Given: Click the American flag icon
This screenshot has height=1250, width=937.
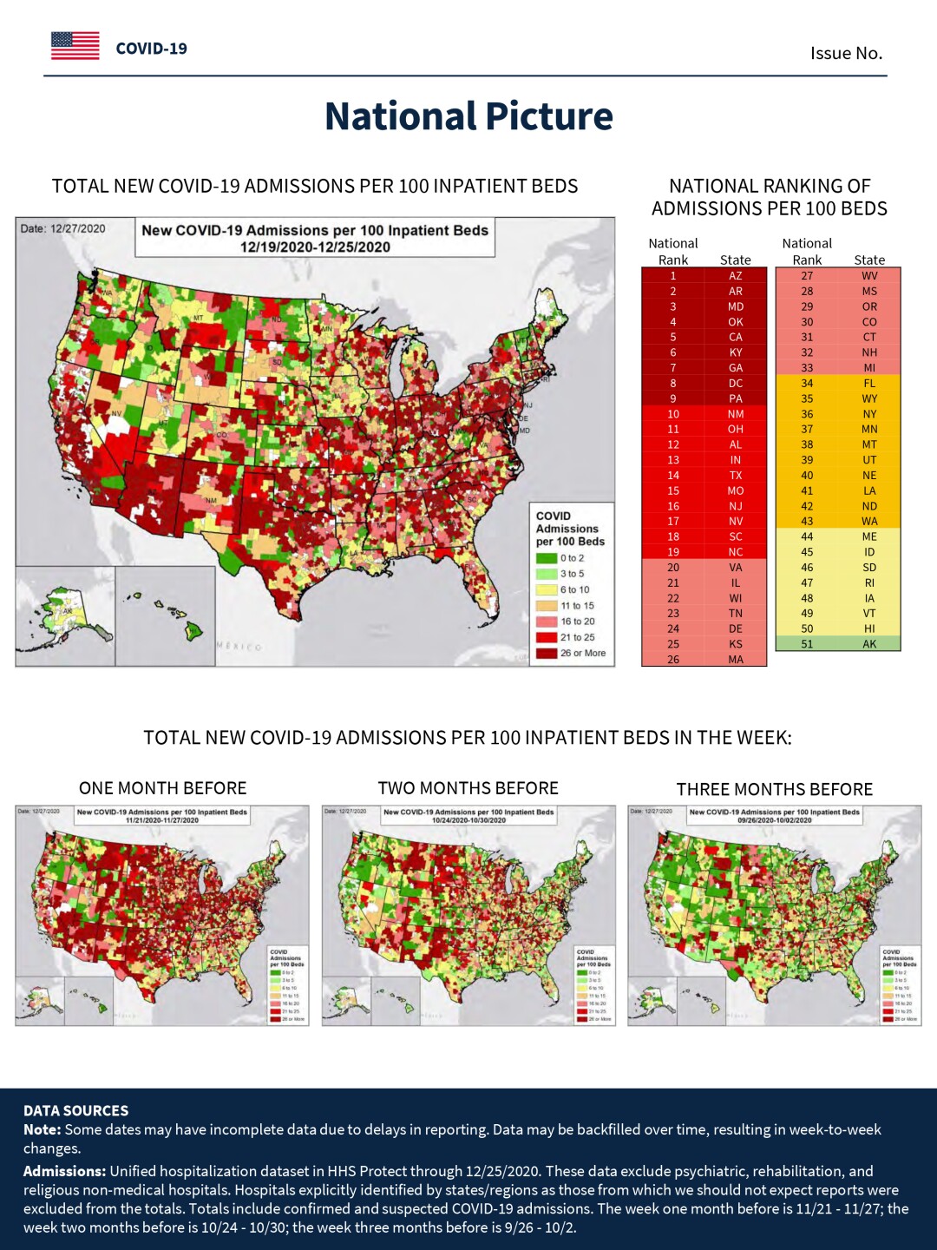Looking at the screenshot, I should pos(75,46).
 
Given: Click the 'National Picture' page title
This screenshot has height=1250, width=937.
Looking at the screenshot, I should pos(468,116).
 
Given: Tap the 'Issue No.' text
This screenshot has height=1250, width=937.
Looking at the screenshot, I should pos(846,53).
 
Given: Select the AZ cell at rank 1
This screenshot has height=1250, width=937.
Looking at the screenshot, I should pos(735,276).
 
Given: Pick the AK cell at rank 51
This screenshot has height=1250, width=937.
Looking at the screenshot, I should pos(868,644).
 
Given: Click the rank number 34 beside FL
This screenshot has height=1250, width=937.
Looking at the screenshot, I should pos(807,383).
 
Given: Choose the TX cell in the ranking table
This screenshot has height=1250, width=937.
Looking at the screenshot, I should pos(735,476).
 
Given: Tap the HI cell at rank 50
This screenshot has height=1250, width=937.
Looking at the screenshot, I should pos(868,628).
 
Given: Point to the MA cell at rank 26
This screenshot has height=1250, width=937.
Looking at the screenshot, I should pos(735,660).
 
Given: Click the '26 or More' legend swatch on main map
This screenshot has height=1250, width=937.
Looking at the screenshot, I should pos(546,654).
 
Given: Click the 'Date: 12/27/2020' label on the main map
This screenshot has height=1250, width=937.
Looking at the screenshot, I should pos(62,229).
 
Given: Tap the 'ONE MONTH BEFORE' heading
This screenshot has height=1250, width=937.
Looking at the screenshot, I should pos(162,788).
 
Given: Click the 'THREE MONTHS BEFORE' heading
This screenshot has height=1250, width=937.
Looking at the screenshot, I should pos(774,789).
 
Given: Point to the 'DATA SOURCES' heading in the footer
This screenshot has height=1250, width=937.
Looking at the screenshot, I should pos(75,1110).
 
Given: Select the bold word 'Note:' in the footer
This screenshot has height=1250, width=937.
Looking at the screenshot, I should pos(42,1129).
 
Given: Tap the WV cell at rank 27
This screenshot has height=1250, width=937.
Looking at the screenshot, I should pos(868,276).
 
